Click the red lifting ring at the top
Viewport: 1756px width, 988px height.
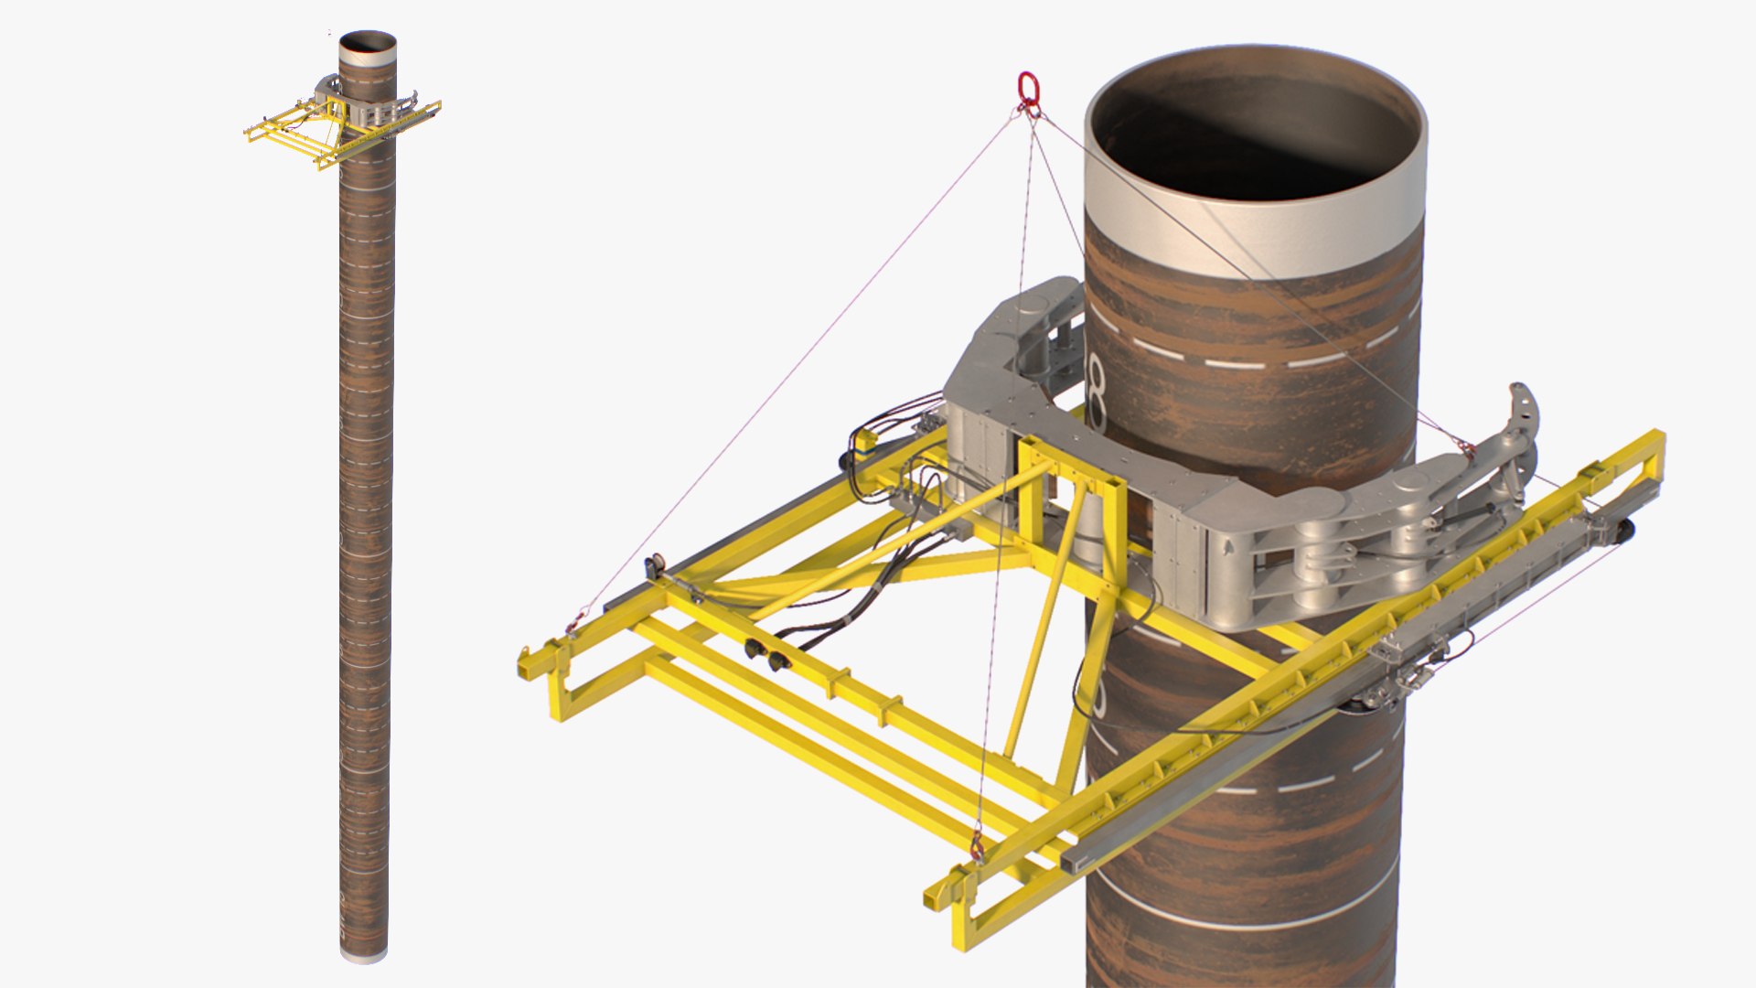[x=1029, y=89]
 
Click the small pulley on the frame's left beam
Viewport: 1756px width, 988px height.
[x=654, y=566]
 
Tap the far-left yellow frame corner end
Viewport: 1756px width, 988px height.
[x=526, y=663]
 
